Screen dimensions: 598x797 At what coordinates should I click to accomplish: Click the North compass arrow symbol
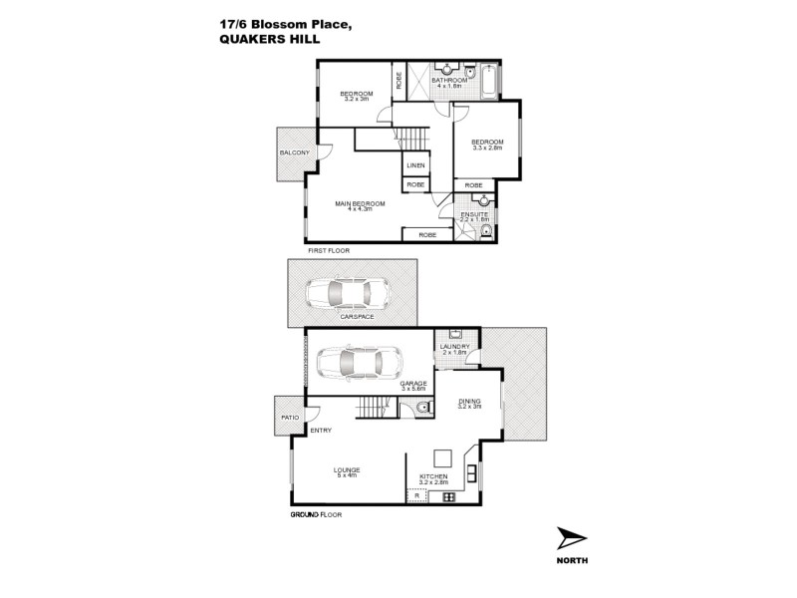[572, 538]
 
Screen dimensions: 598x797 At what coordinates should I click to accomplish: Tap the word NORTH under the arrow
[573, 560]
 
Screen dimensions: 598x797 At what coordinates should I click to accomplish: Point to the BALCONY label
[293, 152]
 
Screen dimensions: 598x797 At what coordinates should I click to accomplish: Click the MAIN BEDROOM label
[360, 203]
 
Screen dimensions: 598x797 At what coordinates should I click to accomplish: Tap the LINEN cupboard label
[415, 165]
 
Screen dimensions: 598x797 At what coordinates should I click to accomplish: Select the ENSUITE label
[474, 215]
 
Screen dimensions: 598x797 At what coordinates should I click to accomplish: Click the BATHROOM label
[463, 80]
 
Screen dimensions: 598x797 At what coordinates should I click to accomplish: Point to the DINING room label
[469, 402]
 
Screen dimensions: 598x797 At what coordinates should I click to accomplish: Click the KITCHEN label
[433, 476]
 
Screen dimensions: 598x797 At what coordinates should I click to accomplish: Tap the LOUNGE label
[347, 469]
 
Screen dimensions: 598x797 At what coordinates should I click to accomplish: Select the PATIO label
[290, 417]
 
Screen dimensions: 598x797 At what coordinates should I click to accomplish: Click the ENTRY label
[321, 430]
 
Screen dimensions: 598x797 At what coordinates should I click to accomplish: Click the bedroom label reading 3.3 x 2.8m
[487, 144]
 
